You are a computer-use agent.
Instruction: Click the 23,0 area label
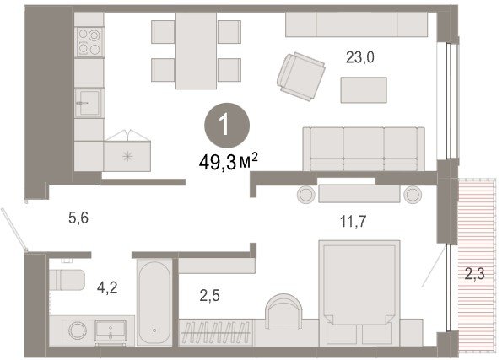tap(360, 58)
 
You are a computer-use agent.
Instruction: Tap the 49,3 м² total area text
tap(229, 162)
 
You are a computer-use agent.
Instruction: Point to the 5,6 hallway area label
tap(78, 218)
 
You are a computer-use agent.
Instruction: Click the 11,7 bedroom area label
tap(354, 222)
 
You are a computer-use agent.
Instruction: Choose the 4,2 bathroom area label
tap(107, 287)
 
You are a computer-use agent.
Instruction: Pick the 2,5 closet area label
tap(210, 296)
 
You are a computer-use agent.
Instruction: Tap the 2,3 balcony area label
tap(475, 274)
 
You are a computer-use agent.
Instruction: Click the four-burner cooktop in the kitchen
tap(89, 42)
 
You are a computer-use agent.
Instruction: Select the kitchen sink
tap(89, 103)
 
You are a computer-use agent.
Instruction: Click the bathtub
tap(154, 303)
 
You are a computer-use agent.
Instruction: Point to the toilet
tap(67, 279)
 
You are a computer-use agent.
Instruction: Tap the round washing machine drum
tap(78, 330)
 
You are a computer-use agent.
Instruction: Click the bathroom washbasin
tap(111, 331)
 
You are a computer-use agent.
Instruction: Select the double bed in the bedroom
tap(359, 293)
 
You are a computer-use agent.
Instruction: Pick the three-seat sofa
tap(364, 148)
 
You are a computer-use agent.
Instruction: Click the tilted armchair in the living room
tap(301, 77)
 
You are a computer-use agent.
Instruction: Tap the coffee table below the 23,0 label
tap(364, 90)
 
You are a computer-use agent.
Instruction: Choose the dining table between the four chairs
tap(196, 51)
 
